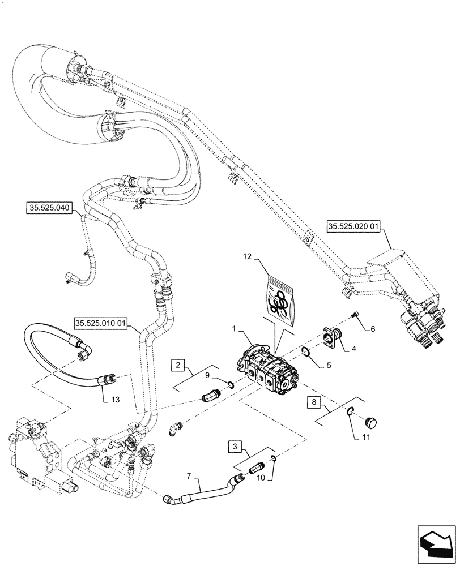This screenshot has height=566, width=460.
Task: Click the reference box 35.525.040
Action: click(x=48, y=209)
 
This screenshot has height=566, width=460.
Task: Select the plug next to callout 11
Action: click(x=371, y=422)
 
